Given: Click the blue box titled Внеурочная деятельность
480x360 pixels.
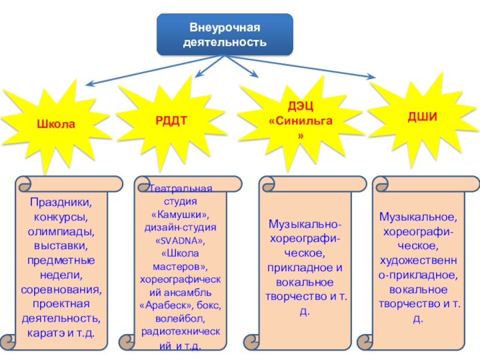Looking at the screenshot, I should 225,35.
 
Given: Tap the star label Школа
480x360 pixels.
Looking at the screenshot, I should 56,125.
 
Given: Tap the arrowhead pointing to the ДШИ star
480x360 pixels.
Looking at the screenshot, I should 370,77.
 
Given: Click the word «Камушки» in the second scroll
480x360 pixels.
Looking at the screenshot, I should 180,214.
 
